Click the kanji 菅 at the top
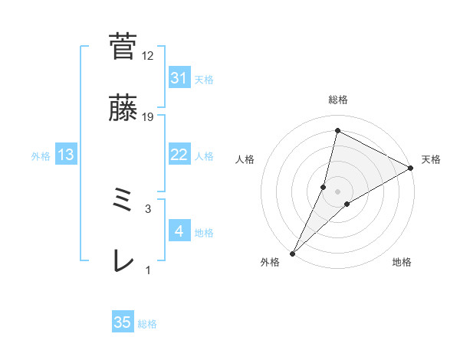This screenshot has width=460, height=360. coord(123,46)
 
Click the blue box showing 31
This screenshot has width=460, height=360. coord(179,78)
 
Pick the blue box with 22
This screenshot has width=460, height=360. coord(179,155)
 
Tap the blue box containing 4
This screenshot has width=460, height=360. coord(179,231)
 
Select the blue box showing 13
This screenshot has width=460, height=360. coord(66,155)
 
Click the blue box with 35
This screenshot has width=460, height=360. coord(123,322)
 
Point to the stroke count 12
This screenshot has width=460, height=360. coord(148,56)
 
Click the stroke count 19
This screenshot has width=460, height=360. coord(148,117)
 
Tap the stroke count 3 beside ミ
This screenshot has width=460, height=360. coord(148,208)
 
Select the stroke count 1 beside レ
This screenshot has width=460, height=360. coord(148,270)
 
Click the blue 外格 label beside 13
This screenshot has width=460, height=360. coord(41,155)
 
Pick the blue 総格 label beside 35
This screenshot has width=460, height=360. coord(147,324)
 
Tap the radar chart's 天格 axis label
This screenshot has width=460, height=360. coord(431,159)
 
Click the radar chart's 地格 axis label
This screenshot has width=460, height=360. coord(402,263)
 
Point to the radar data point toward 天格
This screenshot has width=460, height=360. coord(410,168)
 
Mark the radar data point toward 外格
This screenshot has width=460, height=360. coord(293,253)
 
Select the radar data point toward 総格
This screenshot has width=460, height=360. coord(337,130)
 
